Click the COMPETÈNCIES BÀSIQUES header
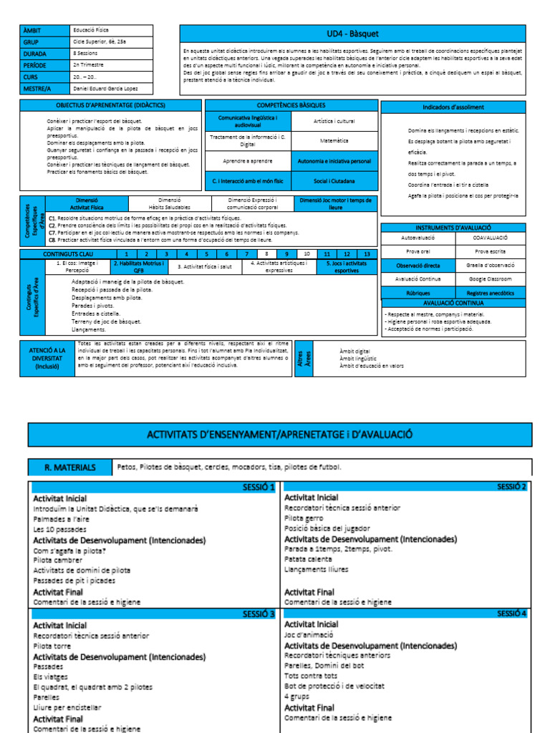click(x=291, y=105)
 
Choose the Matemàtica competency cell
click(x=334, y=141)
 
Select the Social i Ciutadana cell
click(x=334, y=181)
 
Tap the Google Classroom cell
click(x=491, y=278)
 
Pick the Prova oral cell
click(x=416, y=251)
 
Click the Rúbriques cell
click(x=416, y=292)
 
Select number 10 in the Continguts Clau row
click(x=307, y=254)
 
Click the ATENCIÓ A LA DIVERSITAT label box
click(x=47, y=358)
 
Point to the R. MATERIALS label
click(x=70, y=467)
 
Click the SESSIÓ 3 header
click(x=259, y=613)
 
